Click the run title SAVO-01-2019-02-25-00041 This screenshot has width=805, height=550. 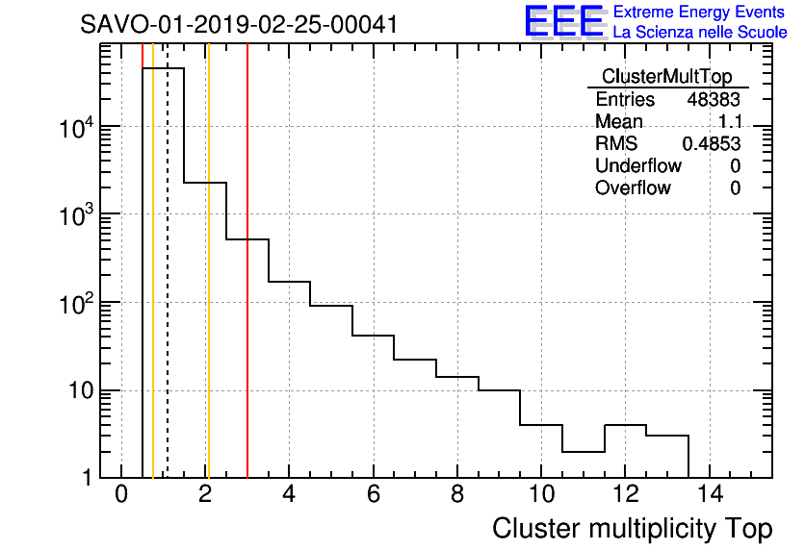[239, 24]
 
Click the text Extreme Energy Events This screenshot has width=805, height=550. [700, 12]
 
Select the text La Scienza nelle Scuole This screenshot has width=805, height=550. [700, 33]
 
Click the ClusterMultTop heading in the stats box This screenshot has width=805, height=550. [666, 77]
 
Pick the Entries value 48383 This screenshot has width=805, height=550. [714, 100]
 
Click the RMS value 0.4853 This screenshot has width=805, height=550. [712, 144]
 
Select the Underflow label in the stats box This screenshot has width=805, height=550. [638, 166]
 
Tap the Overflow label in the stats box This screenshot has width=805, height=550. [633, 188]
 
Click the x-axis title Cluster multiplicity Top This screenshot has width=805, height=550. [632, 528]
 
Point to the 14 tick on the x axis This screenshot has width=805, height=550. [709, 494]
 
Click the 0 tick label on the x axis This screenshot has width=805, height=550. [121, 494]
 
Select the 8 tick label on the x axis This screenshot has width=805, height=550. [456, 494]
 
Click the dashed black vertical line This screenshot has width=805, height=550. [168, 288]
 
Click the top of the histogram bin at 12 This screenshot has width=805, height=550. [625, 425]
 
